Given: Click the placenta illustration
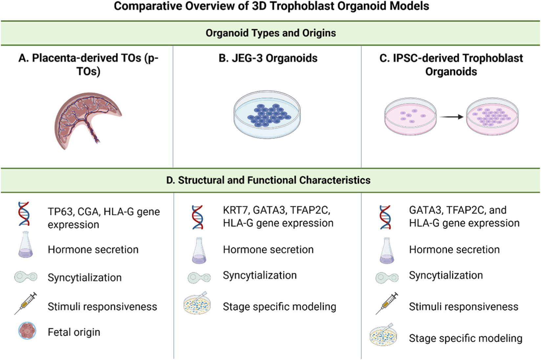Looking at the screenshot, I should pyautogui.click(x=86, y=120).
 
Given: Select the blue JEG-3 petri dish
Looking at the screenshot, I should pyautogui.click(x=267, y=116).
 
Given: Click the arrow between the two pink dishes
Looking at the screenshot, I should pyautogui.click(x=451, y=117).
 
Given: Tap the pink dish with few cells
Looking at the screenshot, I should pyautogui.click(x=410, y=116).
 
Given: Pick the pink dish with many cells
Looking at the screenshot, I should pyautogui.click(x=492, y=116).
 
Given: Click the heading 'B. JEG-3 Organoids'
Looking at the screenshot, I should pyautogui.click(x=268, y=58).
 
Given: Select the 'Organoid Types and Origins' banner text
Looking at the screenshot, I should pyautogui.click(x=270, y=33).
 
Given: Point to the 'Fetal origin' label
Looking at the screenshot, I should pyautogui.click(x=74, y=332).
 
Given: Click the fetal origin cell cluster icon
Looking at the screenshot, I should pyautogui.click(x=27, y=331).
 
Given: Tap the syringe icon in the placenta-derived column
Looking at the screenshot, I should pyautogui.click(x=26, y=304).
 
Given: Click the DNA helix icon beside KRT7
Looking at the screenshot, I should pyautogui.click(x=198, y=217).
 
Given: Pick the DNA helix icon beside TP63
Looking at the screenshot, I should pyautogui.click(x=24, y=214).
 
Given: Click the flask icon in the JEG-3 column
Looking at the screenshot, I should pyautogui.click(x=199, y=251).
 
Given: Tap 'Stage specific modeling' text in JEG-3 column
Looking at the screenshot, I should pyautogui.click(x=279, y=307).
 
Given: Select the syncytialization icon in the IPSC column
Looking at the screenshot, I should pyautogui.click(x=387, y=277).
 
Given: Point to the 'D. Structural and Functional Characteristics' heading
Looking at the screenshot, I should pyautogui.click(x=268, y=180).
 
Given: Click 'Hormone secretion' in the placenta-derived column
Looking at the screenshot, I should pyautogui.click(x=93, y=250).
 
